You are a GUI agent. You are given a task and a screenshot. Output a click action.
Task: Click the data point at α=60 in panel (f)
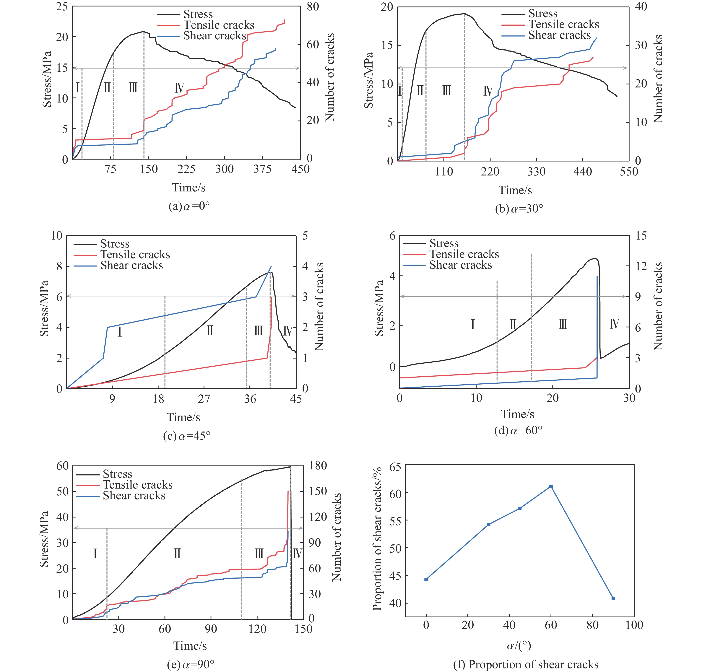click(551, 486)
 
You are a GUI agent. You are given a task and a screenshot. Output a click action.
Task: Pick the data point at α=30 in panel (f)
click(489, 525)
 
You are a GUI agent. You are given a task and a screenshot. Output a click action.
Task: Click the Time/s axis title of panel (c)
click(183, 417)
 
